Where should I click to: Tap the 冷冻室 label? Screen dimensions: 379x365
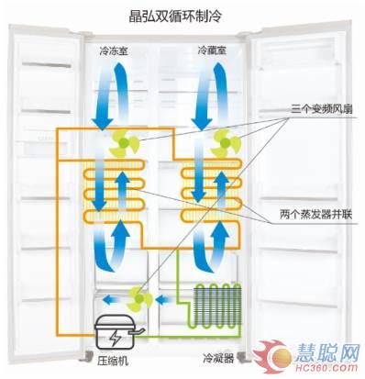tap(116, 53)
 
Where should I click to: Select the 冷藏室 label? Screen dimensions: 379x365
tap(212, 53)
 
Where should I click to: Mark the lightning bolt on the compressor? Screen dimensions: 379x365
tap(114, 331)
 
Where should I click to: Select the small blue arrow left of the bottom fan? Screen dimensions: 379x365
tap(111, 297)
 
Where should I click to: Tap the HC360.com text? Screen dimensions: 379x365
tap(326, 366)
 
